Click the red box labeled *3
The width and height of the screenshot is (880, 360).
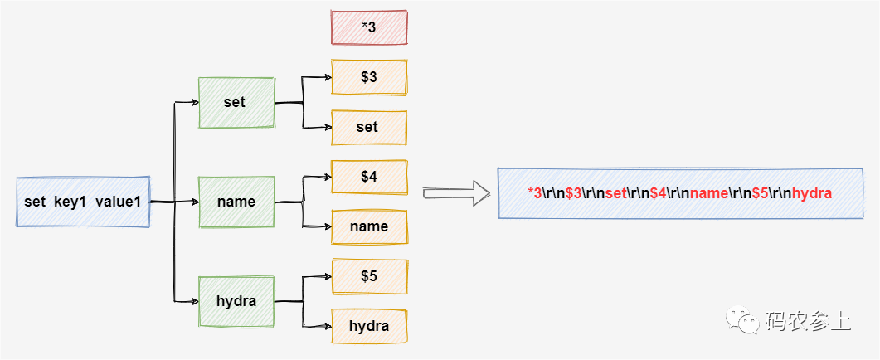pyautogui.click(x=369, y=27)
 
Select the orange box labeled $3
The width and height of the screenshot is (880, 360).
pyautogui.click(x=369, y=77)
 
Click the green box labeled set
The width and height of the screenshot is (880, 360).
pyautogui.click(x=236, y=103)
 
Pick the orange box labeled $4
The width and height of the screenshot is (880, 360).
pyautogui.click(x=369, y=177)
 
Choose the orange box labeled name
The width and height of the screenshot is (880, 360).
pyautogui.click(x=369, y=226)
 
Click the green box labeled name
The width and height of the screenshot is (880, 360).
pyautogui.click(x=236, y=202)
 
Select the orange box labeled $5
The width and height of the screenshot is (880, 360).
pyautogui.click(x=369, y=276)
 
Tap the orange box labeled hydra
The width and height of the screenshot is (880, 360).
pyautogui.click(x=369, y=326)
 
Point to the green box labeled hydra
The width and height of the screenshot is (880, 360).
pyautogui.click(x=236, y=301)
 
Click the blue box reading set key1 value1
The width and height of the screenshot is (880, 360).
pyautogui.click(x=83, y=202)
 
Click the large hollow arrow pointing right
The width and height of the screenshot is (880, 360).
pyautogui.click(x=455, y=193)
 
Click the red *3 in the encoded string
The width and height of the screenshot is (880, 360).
pyautogui.click(x=535, y=193)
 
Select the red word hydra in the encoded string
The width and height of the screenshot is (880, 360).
pyautogui.click(x=811, y=193)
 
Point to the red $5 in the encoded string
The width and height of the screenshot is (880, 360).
pyautogui.click(x=760, y=193)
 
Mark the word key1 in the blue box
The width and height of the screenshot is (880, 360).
pyautogui.click(x=71, y=202)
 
